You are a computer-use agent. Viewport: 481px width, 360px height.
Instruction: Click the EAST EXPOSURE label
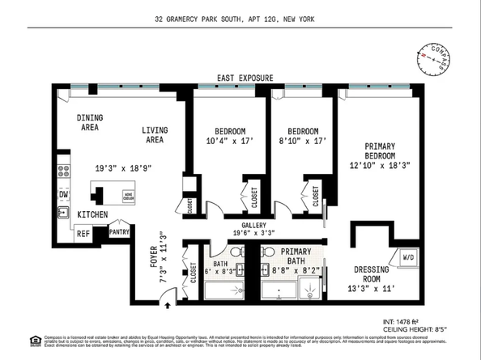pyautogui.click(x=244, y=78)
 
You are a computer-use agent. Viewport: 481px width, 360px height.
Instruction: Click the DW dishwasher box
pyautogui.click(x=63, y=194)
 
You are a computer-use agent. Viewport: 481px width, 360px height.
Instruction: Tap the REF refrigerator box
pyautogui.click(x=82, y=233)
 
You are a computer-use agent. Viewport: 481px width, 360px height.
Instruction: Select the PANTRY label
pyautogui.click(x=120, y=231)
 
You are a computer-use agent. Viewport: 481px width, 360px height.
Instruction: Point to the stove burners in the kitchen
pyautogui.click(x=62, y=172)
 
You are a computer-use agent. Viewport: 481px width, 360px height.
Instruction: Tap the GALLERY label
pyautogui.click(x=254, y=226)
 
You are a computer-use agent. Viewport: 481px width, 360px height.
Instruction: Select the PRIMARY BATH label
pyautogui.click(x=290, y=256)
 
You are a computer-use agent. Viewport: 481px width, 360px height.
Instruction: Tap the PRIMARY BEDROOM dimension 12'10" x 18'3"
pyautogui.click(x=378, y=164)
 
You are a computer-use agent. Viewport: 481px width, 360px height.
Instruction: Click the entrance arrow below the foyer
pyautogui.click(x=166, y=305)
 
